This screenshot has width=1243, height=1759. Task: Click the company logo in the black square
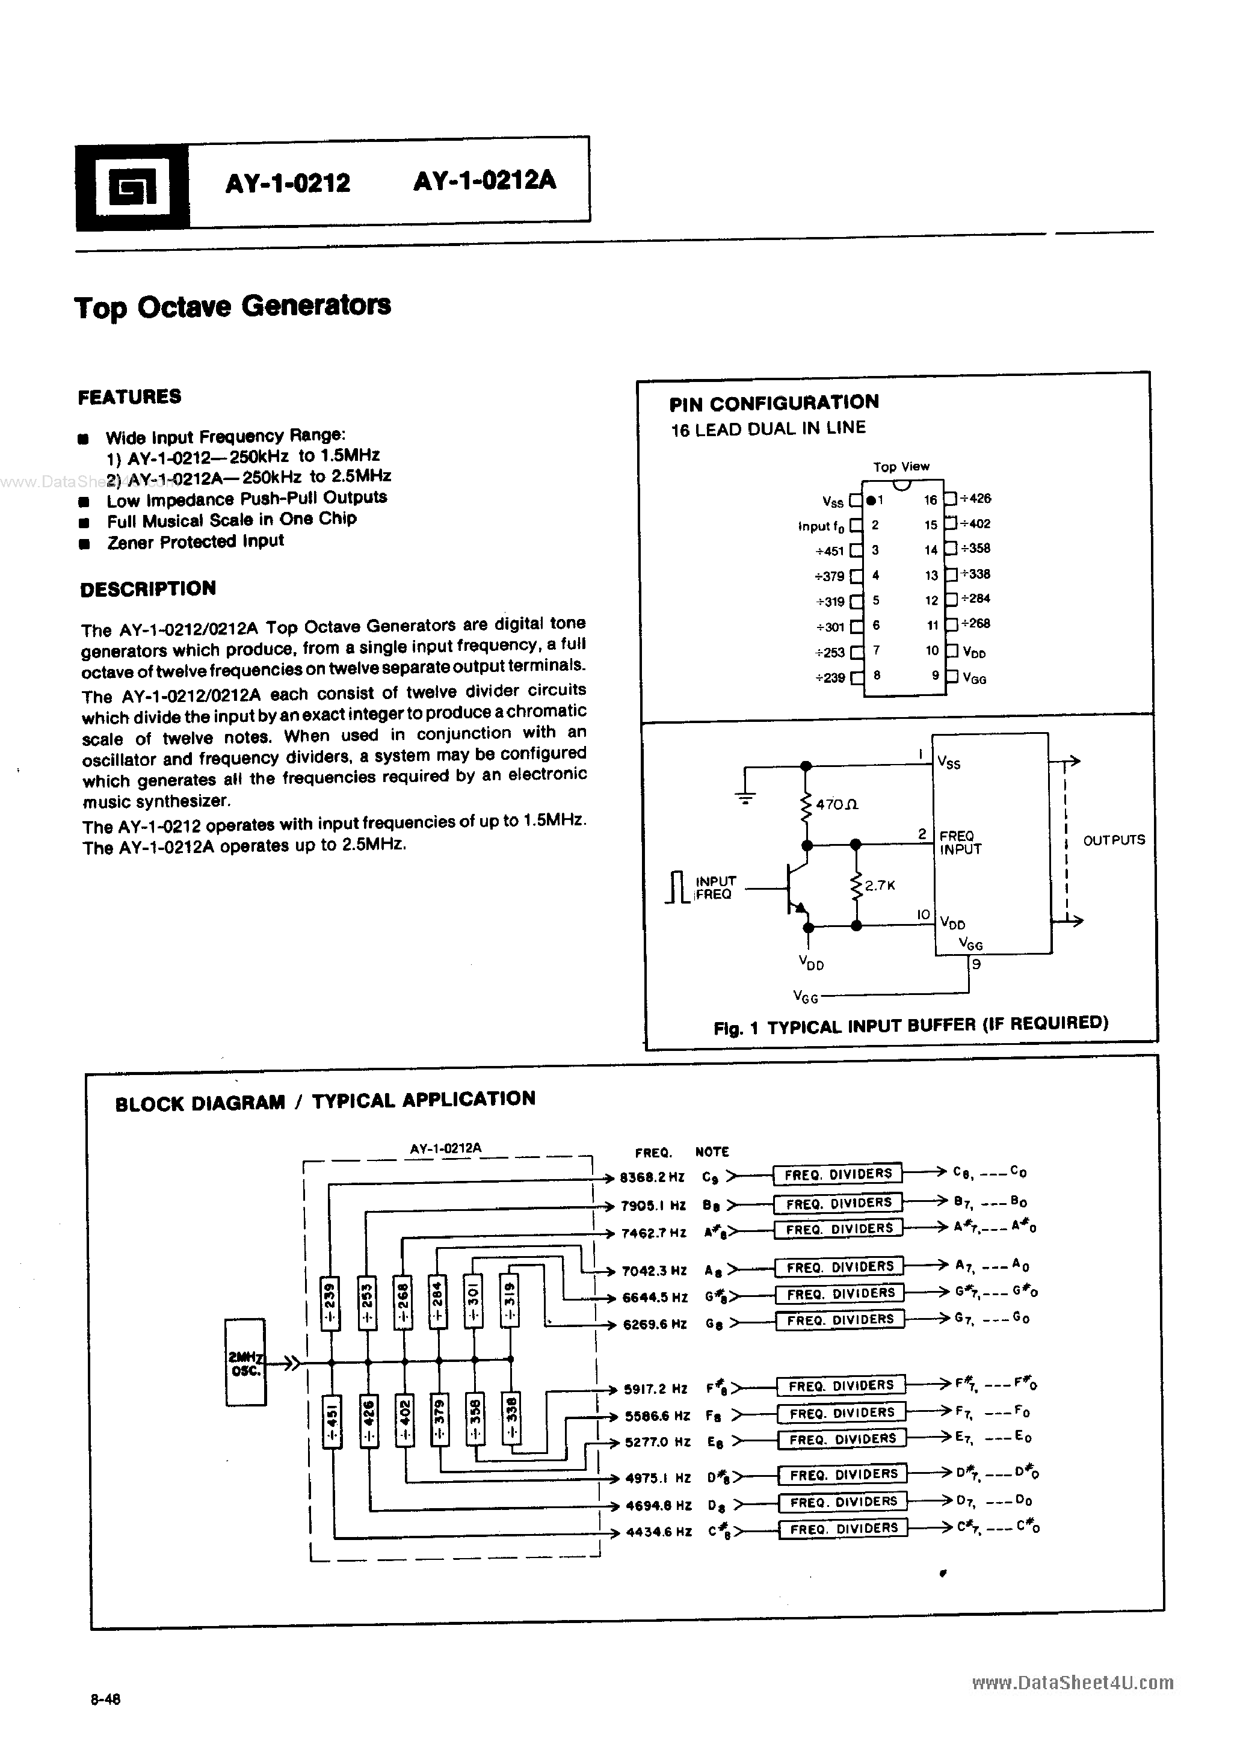(x=132, y=187)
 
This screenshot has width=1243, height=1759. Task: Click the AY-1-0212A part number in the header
(x=484, y=181)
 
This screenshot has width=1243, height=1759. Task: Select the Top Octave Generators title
(x=232, y=306)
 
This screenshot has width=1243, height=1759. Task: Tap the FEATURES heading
(x=129, y=397)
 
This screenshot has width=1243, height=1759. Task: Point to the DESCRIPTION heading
(x=148, y=588)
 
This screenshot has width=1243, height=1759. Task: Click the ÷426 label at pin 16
(x=975, y=499)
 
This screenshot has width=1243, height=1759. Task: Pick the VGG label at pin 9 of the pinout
(x=974, y=679)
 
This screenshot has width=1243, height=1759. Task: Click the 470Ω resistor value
(x=837, y=804)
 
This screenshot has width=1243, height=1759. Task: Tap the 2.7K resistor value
(x=880, y=886)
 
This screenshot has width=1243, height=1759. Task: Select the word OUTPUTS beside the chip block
(x=1114, y=840)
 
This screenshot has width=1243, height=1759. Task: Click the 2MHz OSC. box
(x=245, y=1362)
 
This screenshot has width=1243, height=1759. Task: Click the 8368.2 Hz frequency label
(x=652, y=1177)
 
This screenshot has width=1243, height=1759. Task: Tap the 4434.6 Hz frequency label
(x=658, y=1532)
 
